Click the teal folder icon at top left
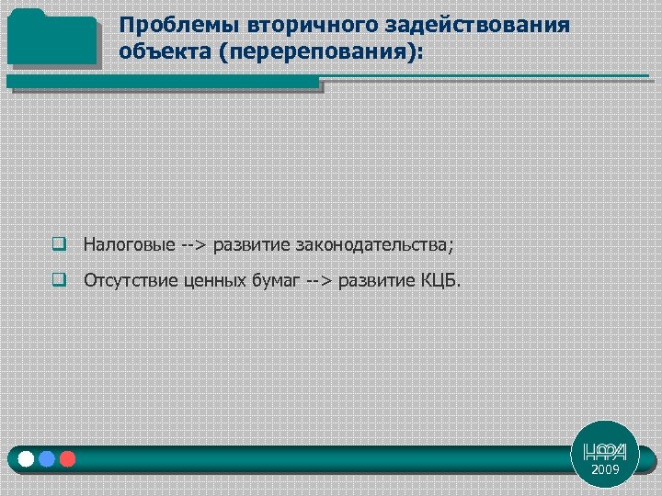click(x=51, y=38)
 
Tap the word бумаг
click(x=273, y=280)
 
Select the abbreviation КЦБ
click(x=443, y=280)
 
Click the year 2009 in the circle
click(x=605, y=469)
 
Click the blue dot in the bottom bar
click(x=47, y=458)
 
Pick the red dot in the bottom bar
click(x=67, y=458)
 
